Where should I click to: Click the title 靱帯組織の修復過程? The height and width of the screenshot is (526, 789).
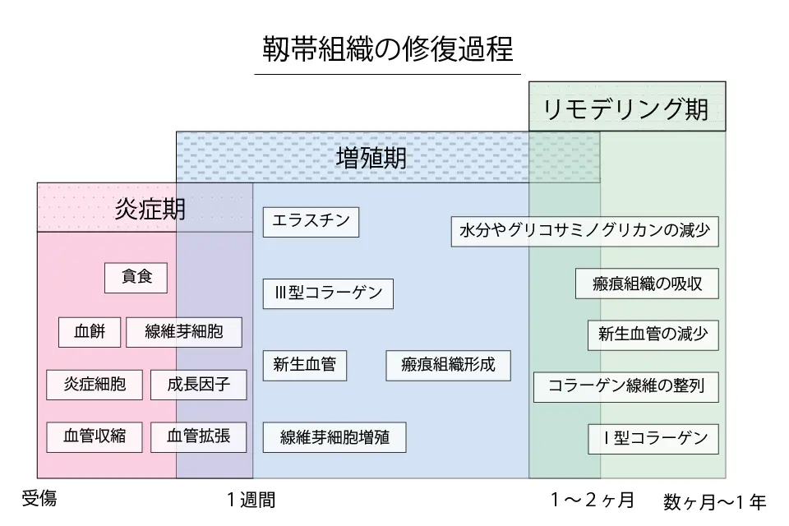pos(387,49)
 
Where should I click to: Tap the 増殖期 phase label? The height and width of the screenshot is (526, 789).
pos(371,158)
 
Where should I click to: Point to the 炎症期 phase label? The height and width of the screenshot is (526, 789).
pos(150,209)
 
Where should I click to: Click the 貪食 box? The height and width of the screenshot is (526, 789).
pos(136,278)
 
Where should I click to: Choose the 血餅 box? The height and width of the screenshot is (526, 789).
pos(90,332)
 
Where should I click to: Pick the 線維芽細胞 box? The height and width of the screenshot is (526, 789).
pos(184,332)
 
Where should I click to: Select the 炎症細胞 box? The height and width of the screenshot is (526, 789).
pos(95,384)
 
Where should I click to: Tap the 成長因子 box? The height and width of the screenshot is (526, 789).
pos(198,384)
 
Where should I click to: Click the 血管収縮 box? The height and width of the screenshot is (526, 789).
pos(95,436)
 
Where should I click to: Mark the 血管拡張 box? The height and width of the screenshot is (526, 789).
pos(198,436)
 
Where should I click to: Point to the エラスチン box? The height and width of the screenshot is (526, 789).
pos(311,222)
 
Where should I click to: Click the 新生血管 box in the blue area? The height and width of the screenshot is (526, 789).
pos(304,365)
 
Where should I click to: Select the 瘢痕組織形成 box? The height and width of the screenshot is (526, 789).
pos(448,365)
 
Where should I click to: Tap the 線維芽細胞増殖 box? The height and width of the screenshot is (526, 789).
pos(335,436)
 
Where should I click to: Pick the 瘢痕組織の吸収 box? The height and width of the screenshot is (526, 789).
pos(647,284)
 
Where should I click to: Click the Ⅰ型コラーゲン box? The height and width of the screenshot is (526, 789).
pos(653,438)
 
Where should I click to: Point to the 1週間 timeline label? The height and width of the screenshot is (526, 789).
pos(251,500)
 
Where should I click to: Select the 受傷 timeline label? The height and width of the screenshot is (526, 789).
pos(39,498)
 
